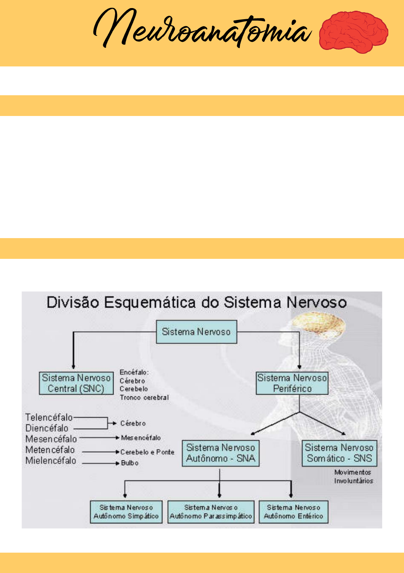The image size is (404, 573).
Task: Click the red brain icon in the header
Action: [x=353, y=32]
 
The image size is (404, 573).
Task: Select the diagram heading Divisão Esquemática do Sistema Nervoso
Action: [x=196, y=303]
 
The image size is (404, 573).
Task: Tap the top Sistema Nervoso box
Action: [x=196, y=332]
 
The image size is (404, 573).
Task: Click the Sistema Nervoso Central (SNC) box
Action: [x=76, y=383]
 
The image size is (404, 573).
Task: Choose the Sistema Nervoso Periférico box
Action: [x=292, y=383]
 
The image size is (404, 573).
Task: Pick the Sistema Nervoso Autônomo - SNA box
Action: [x=220, y=453]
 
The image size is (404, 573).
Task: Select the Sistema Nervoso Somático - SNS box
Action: [x=339, y=453]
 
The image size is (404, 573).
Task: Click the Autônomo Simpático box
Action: [x=126, y=512]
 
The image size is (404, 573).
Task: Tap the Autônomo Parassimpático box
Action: [x=211, y=512]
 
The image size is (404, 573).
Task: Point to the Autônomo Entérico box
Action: [x=294, y=512]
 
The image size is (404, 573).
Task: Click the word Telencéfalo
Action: [x=49, y=417]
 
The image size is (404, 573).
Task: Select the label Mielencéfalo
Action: [x=51, y=460]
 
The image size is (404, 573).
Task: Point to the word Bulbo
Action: [x=130, y=463]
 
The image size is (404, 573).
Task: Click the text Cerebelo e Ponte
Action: [x=147, y=452]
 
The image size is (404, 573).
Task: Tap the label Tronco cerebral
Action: [x=144, y=397]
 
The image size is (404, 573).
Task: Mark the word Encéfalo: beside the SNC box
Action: [x=134, y=372]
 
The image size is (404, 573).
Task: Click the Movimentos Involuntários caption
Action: [x=353, y=477]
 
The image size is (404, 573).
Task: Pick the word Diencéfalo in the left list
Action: [x=47, y=428]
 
